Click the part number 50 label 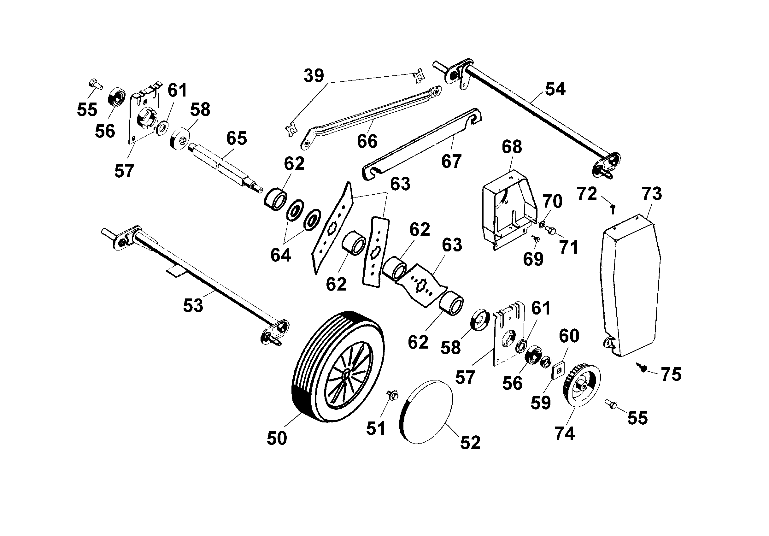pyautogui.click(x=277, y=438)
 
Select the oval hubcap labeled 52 pyautogui.click(x=426, y=412)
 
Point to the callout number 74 pyautogui.click(x=565, y=433)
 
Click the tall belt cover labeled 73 pyautogui.click(x=630, y=285)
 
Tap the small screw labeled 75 pyautogui.click(x=643, y=368)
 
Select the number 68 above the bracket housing pyautogui.click(x=512, y=147)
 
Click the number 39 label pyautogui.click(x=314, y=76)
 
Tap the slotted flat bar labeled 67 pyautogui.click(x=422, y=144)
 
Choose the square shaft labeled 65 pyautogui.click(x=221, y=166)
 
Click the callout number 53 pyautogui.click(x=193, y=305)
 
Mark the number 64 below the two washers pyautogui.click(x=280, y=255)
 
